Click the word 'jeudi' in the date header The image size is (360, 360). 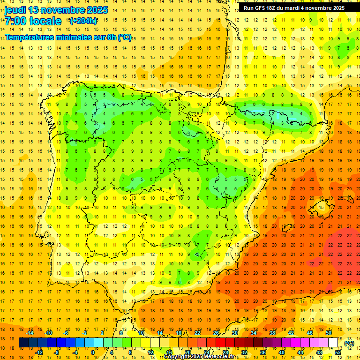(15, 10)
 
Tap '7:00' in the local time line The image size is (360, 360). (16, 21)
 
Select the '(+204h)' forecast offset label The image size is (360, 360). (83, 21)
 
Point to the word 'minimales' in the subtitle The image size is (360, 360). (76, 37)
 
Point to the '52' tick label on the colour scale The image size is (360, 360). (337, 352)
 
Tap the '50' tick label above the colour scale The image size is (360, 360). (329, 333)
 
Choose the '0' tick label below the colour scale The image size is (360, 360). (93, 352)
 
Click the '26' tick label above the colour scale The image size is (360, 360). (216, 333)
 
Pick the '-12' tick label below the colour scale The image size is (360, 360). (39, 352)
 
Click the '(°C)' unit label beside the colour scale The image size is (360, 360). (349, 343)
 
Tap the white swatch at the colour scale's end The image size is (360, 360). (333, 343)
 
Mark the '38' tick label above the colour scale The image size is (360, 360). (272, 333)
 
